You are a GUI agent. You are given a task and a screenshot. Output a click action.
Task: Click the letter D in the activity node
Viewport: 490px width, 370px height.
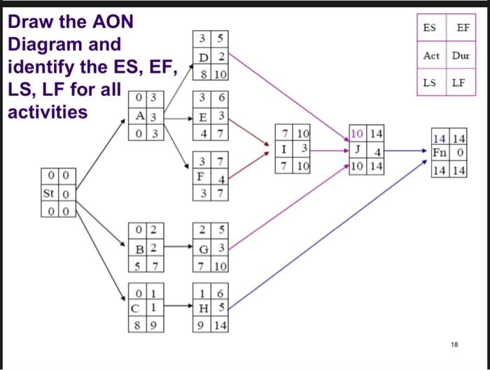[202, 57]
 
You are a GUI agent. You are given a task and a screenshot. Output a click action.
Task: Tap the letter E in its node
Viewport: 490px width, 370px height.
[202, 116]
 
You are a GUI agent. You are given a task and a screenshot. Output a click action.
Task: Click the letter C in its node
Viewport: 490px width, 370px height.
[138, 308]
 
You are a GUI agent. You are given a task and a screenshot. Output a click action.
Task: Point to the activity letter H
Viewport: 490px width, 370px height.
[202, 308]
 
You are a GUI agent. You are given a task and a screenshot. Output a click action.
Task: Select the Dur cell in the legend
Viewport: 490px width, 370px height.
[461, 55]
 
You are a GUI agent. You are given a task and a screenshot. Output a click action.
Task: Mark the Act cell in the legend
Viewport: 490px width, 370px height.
[430, 55]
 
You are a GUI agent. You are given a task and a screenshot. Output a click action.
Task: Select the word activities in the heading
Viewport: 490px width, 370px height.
[48, 111]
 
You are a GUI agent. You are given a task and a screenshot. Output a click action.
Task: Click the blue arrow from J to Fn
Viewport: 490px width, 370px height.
[406, 150]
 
